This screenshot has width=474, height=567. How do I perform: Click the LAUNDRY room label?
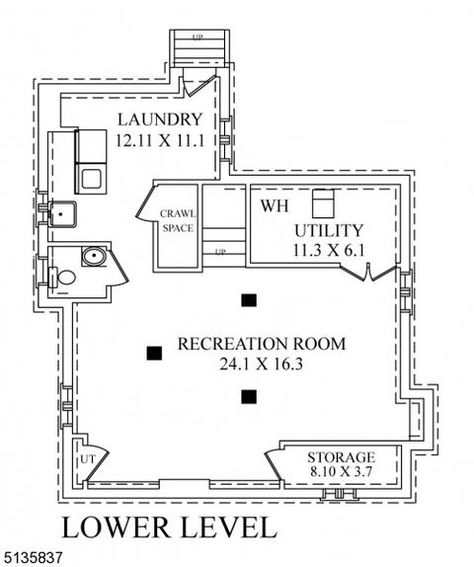(x=160, y=120)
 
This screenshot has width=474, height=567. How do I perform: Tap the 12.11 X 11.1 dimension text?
(x=160, y=140)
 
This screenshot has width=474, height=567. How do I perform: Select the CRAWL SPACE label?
(x=178, y=220)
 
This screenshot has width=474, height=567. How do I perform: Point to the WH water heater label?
(x=275, y=205)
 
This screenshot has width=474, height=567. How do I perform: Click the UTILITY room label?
(x=328, y=230)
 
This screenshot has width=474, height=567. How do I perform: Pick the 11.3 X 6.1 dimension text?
(x=328, y=250)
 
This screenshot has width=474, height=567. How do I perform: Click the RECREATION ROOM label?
(x=262, y=344)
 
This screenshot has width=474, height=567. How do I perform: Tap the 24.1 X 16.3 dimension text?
(x=261, y=364)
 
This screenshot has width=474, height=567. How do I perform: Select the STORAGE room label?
(x=341, y=457)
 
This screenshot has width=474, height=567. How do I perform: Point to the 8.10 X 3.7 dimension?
(x=341, y=471)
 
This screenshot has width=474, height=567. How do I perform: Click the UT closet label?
(x=88, y=459)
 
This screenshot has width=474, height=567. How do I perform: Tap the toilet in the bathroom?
(x=62, y=278)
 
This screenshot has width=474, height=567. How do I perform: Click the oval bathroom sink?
(x=94, y=256)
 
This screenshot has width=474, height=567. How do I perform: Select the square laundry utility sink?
(x=62, y=214)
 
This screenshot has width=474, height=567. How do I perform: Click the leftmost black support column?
(x=154, y=354)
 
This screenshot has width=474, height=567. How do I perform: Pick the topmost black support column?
(x=249, y=300)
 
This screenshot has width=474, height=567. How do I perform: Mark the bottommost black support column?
(x=249, y=397)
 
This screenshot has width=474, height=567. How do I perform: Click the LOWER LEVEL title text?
(x=170, y=527)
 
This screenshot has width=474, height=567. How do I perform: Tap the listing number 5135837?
(x=33, y=557)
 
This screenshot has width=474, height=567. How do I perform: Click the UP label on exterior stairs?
(x=197, y=38)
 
